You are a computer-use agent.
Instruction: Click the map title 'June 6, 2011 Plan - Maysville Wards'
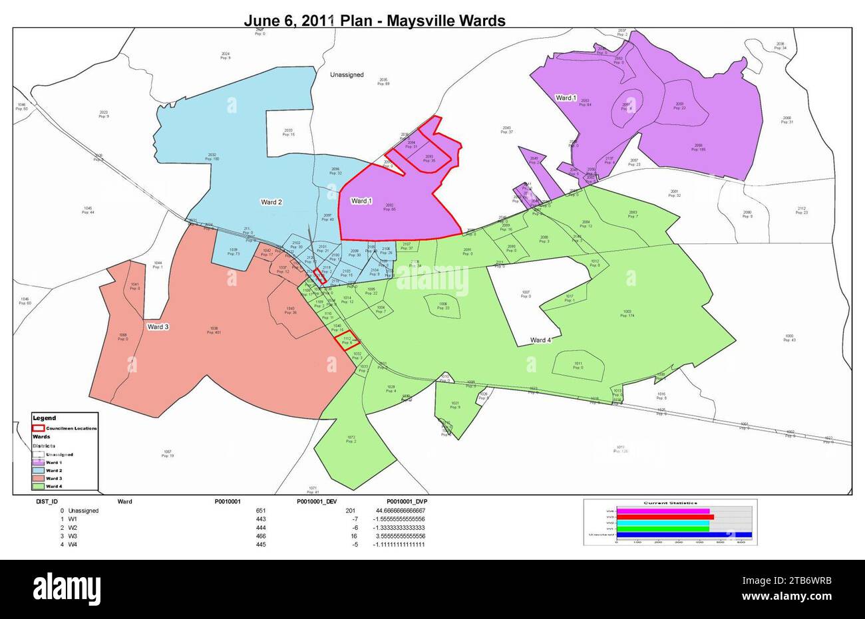pos(375,21)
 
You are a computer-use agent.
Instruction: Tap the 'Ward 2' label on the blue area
pos(271,201)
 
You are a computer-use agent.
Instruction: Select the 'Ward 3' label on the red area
pos(158,327)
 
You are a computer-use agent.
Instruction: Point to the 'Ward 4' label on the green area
pos(540,340)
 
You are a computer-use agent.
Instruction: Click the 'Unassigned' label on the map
pos(347,75)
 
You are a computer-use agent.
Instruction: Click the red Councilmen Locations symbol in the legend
pos(39,428)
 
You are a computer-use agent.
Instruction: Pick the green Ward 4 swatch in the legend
pos(39,487)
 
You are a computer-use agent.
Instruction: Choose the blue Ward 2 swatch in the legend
pos(39,470)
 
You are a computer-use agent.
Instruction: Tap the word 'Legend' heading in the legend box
pos(45,418)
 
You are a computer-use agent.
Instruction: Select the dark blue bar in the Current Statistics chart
pos(683,534)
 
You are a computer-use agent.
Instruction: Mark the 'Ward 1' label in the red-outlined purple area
pos(361,201)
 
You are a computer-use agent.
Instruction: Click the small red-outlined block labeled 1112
pos(347,342)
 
